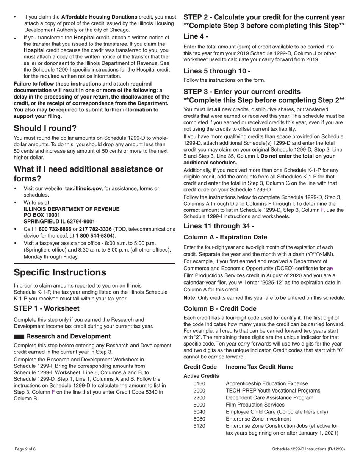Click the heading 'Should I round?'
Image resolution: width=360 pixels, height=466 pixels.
pos(45,128)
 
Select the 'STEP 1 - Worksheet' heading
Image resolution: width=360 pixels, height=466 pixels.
pos(47,309)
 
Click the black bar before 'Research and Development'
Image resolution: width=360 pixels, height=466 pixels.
pos(19,336)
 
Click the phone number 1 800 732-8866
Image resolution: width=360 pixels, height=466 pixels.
pos(53,229)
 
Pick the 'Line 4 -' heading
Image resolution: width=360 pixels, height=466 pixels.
pos(196,36)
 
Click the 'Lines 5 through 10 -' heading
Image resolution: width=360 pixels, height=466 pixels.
pos(217,71)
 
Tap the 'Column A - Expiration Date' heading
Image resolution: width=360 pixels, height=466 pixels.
pos(225,238)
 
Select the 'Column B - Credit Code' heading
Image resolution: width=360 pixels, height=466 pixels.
pos(220,309)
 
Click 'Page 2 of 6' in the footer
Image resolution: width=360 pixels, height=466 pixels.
pos(25,449)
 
